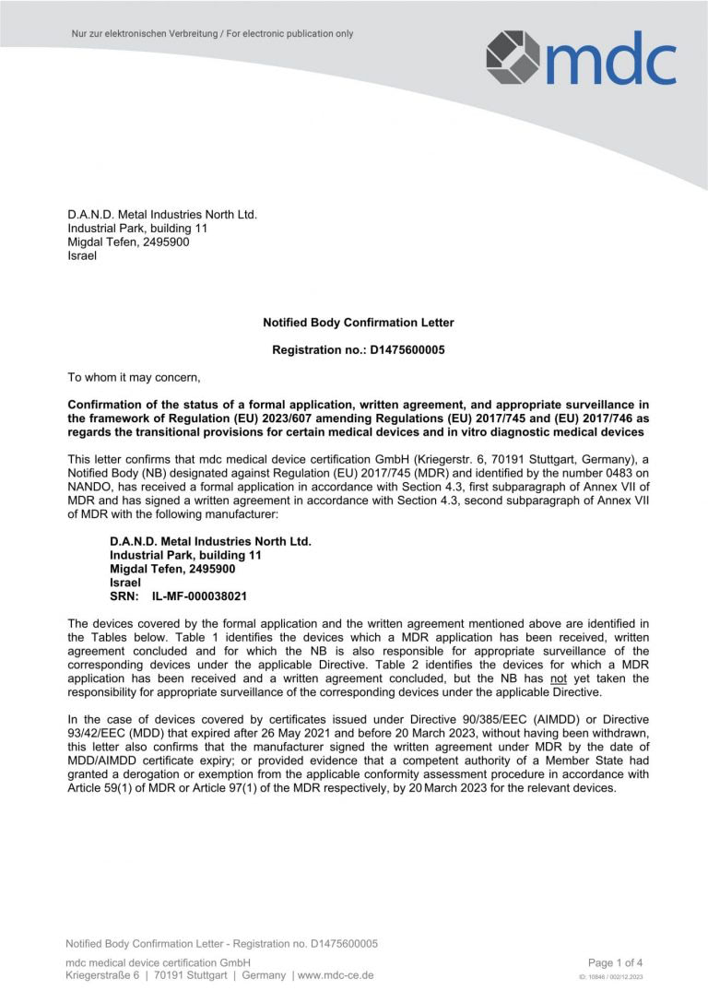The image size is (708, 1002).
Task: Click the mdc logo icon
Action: click(x=513, y=57)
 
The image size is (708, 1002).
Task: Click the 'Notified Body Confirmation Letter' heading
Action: click(x=358, y=323)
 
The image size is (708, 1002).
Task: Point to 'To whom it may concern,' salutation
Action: click(x=134, y=376)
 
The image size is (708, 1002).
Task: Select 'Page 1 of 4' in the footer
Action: click(x=615, y=962)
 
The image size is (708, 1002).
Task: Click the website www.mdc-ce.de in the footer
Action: click(x=336, y=975)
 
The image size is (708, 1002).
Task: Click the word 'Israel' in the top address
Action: click(x=82, y=255)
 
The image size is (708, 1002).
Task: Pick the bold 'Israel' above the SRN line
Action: click(x=125, y=583)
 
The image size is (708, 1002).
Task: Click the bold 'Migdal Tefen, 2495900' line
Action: click(x=172, y=569)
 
